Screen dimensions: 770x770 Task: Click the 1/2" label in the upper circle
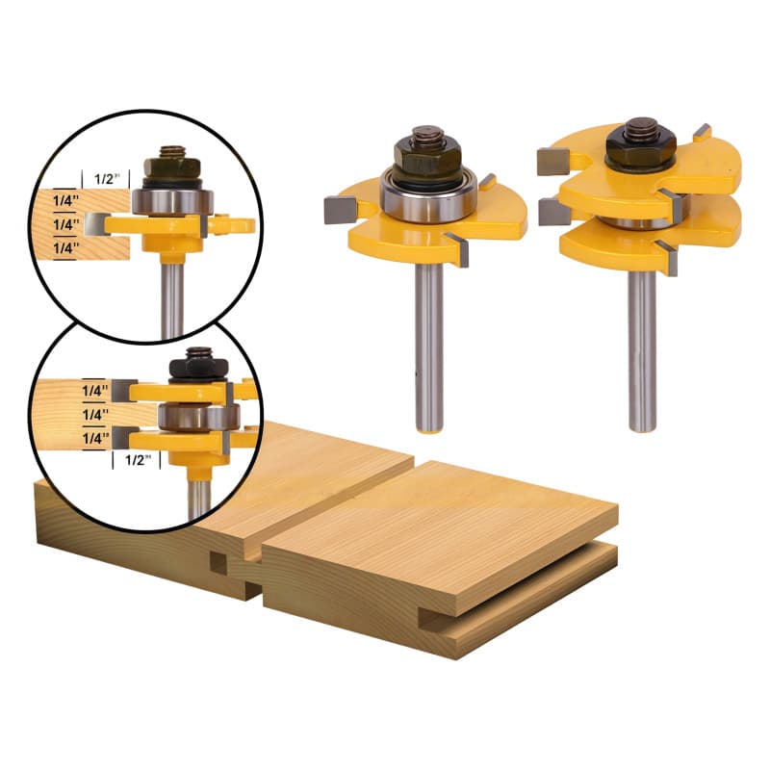[107, 179]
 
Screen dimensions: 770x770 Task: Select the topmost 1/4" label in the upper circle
[66, 200]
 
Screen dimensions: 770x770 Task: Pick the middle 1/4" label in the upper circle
[66, 224]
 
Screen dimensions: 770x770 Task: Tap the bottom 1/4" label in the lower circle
[95, 438]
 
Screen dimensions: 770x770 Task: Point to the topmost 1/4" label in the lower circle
[95, 391]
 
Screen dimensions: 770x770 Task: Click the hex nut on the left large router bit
[427, 155]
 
